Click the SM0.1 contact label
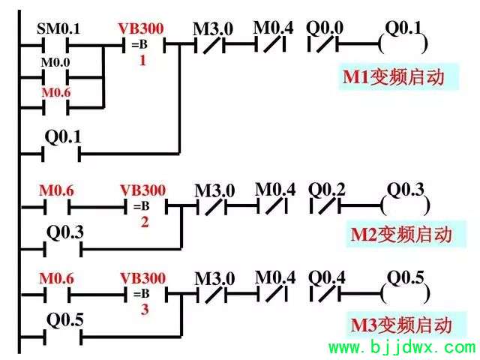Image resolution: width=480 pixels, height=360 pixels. click(58, 28)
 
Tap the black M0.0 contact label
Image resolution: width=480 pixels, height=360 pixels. click(55, 62)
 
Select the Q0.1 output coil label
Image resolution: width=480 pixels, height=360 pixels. click(403, 28)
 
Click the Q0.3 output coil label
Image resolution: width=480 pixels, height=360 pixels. click(406, 190)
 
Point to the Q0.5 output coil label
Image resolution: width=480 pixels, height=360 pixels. click(406, 277)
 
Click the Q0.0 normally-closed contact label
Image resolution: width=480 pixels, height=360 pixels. click(325, 28)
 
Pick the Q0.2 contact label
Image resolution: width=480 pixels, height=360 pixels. click(327, 190)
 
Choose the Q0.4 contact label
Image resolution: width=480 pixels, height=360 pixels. click(327, 277)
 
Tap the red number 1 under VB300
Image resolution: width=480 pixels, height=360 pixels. click(142, 60)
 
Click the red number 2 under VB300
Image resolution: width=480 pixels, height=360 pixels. click(145, 222)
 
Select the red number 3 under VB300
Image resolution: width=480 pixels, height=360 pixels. click(145, 309)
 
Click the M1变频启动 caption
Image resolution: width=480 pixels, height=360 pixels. click(393, 77)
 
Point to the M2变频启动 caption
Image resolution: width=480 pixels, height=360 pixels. click(401, 235)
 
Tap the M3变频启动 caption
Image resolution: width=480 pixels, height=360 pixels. click(401, 325)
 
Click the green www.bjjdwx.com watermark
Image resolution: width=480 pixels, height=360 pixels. click(402, 347)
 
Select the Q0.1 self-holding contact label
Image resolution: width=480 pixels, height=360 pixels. click(63, 136)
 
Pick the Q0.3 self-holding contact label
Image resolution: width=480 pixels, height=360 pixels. click(65, 232)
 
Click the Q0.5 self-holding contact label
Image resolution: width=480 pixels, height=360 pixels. click(65, 320)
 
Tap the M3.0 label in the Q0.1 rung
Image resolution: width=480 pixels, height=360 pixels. click(213, 29)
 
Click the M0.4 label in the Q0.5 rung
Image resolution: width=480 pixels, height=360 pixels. click(275, 277)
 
